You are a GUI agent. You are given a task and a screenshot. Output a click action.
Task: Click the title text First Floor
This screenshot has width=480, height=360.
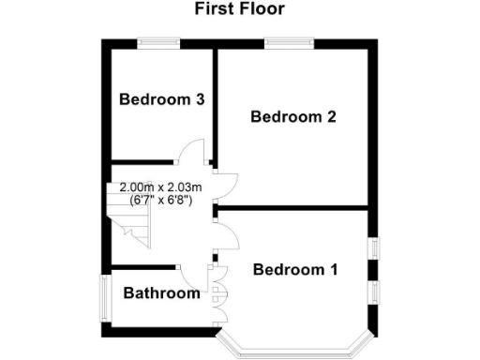tap(239, 9)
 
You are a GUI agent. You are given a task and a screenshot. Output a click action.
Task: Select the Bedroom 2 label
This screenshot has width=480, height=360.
tap(292, 117)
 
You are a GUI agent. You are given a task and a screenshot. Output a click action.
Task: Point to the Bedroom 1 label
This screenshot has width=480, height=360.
tap(295, 270)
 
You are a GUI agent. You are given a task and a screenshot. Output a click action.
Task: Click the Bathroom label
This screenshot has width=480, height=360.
tap(162, 293)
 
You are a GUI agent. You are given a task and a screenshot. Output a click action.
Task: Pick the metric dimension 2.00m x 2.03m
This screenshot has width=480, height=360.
tap(161, 187)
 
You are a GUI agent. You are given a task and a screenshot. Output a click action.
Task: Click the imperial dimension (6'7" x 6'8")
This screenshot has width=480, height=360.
tap(161, 200)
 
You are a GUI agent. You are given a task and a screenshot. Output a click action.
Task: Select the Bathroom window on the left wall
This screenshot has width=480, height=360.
tap(105, 297)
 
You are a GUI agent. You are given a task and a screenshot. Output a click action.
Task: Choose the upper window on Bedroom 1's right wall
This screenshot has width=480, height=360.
tap(373, 247)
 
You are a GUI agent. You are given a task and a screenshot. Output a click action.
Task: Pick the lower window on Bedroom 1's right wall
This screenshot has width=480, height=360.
tap(373, 292)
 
